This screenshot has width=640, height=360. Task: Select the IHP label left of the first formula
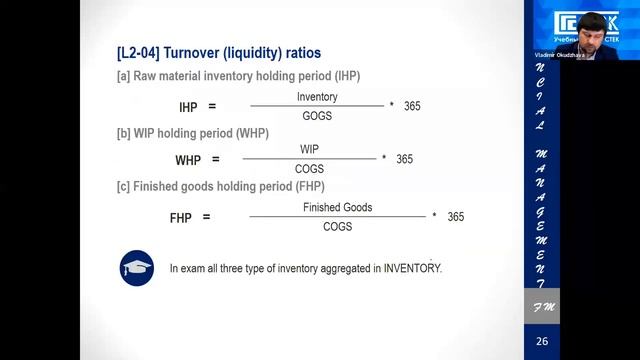point(188,106)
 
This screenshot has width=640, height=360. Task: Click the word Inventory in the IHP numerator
point(317,97)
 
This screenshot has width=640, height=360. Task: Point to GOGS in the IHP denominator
point(317,116)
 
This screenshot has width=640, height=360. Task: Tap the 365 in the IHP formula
point(412,106)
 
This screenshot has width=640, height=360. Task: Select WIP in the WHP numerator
point(309,150)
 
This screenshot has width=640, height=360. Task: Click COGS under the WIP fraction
point(309,169)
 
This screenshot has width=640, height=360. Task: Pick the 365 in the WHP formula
point(404,159)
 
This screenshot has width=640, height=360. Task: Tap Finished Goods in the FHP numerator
point(337,207)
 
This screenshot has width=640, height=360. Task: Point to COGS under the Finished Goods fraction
point(337,227)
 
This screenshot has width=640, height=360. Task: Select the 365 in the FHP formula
point(456,217)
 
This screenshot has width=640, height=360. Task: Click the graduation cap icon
point(137,268)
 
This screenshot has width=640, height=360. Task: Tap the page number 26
point(541,343)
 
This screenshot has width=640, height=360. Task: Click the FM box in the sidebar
point(541,306)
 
